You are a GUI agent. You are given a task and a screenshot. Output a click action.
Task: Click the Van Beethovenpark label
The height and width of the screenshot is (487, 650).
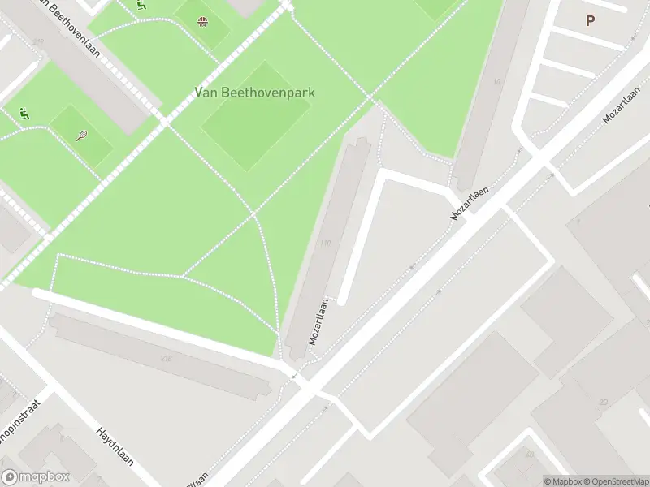pos(254,93)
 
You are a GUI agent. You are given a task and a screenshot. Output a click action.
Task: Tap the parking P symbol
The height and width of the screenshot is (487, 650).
pos(590,22)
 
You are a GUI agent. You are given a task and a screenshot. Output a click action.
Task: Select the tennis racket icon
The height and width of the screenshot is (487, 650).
pos(82,136)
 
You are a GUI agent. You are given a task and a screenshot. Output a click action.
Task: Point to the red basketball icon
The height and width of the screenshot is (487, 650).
pos(201,21)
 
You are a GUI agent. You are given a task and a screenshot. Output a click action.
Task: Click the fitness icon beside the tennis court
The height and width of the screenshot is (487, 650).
pos(24,114)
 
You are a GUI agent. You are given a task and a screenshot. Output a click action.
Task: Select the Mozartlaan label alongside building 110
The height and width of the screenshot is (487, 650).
pos(318,321)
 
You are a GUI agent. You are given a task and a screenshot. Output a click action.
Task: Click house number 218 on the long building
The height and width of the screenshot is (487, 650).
pos(167,358)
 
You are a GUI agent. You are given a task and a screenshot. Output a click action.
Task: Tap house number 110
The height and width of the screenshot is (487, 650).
pos(326,243)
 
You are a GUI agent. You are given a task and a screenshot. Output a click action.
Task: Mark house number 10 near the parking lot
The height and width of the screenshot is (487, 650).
pos(496,82)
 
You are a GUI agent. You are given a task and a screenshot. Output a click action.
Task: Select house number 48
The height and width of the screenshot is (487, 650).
pos(531,455)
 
